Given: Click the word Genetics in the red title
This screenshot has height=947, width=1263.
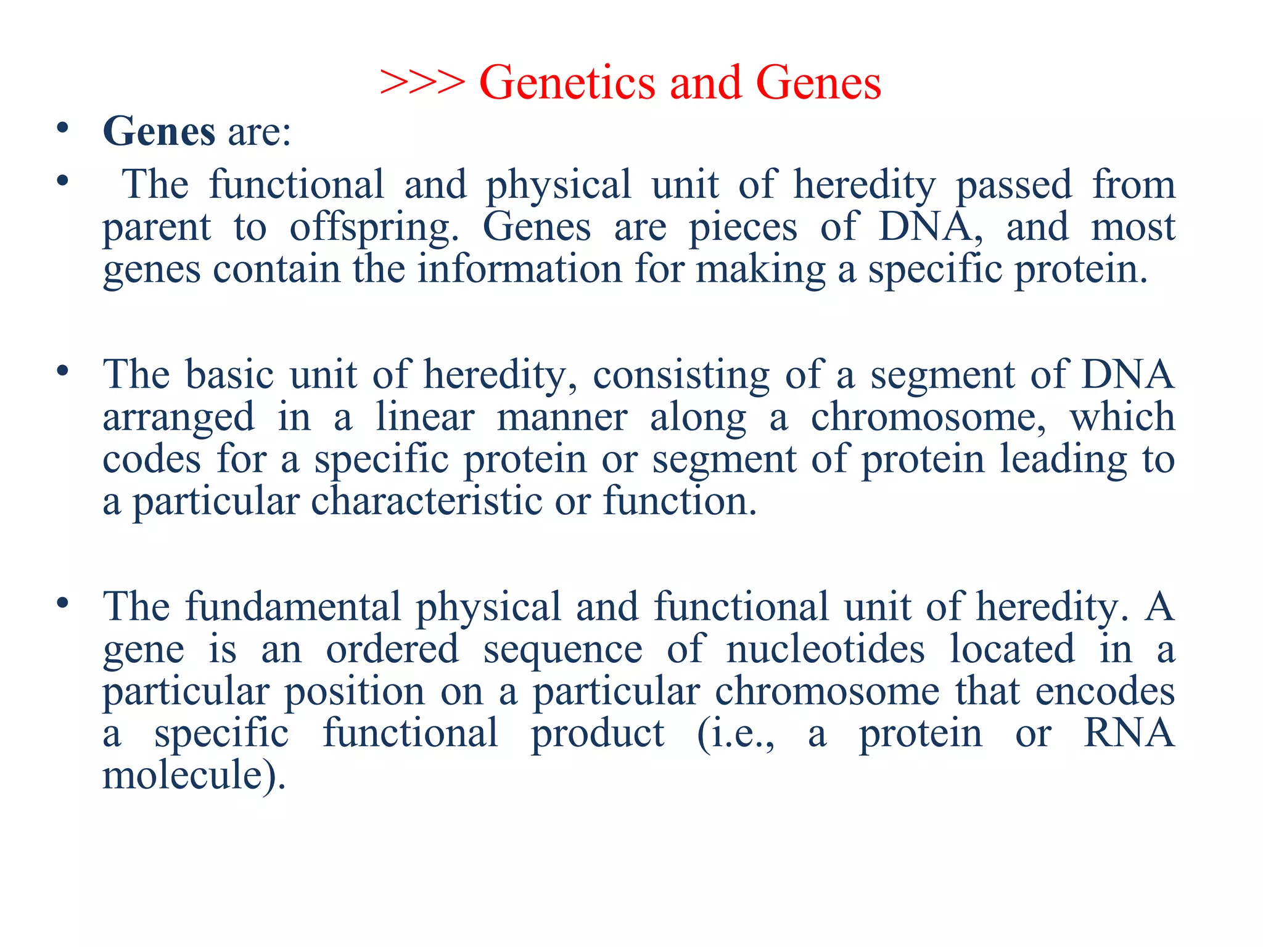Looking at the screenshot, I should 567,83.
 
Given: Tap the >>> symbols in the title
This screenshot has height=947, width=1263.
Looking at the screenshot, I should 422,83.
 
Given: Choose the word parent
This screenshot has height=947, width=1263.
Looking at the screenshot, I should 157,227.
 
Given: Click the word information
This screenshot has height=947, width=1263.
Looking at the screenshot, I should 519,269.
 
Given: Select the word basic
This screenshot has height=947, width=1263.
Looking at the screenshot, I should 229,374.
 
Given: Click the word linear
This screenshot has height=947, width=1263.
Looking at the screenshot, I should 425,417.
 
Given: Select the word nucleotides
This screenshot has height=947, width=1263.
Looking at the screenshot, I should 825,649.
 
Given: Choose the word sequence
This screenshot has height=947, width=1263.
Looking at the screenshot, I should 562,649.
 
